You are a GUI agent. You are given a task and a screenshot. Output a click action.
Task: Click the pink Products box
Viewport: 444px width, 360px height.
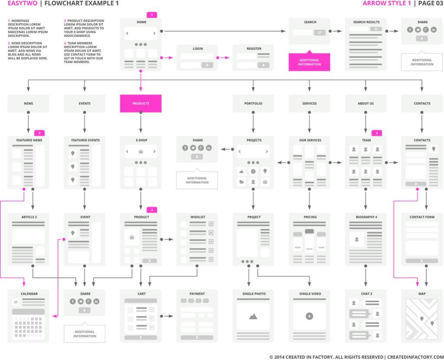click(x=140, y=104)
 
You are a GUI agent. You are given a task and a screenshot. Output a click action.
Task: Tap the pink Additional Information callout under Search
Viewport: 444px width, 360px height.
click(x=309, y=62)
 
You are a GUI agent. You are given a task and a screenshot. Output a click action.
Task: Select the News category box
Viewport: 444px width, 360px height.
click(x=28, y=104)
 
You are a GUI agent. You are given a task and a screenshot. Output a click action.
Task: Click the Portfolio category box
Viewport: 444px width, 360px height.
click(x=253, y=104)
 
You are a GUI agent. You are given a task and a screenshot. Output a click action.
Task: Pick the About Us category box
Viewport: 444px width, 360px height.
click(x=366, y=104)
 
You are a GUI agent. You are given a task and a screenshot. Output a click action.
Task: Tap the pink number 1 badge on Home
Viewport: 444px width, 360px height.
click(x=152, y=15)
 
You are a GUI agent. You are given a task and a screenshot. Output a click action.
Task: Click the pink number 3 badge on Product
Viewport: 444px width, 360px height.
click(x=152, y=210)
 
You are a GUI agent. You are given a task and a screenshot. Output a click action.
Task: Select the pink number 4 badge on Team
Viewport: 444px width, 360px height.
click(x=377, y=133)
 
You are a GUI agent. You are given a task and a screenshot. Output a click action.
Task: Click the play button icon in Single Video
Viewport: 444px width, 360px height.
click(x=309, y=316)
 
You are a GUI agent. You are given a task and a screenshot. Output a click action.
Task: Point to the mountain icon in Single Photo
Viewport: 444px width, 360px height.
click(x=253, y=316)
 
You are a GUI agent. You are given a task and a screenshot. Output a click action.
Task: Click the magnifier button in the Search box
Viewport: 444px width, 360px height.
click(x=320, y=32)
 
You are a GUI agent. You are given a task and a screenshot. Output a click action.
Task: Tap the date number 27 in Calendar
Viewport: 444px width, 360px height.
click(x=16, y=302)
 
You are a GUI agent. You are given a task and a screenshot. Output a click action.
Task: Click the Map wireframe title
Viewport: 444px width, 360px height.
click(x=422, y=294)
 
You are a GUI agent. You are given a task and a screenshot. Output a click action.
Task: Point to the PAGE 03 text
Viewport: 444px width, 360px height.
click(x=431, y=3)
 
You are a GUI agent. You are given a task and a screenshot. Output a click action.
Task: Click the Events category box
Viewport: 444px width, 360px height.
click(x=85, y=104)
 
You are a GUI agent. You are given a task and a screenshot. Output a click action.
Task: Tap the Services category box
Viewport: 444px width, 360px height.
click(x=309, y=104)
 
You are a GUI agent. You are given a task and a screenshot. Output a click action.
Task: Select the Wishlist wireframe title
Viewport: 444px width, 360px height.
click(x=197, y=217)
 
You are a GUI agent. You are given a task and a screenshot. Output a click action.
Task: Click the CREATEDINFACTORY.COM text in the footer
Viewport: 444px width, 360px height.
click(x=416, y=357)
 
